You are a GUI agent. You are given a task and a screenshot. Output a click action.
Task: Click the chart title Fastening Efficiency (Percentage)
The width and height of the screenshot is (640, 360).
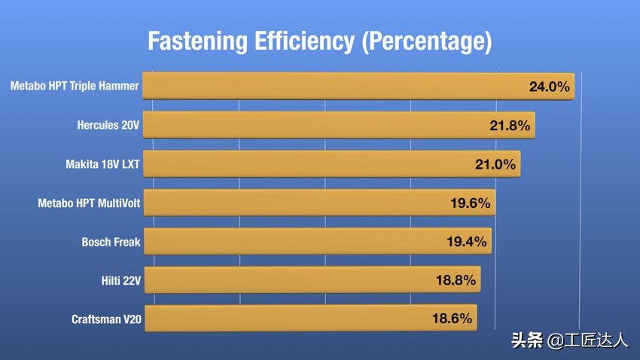click(319, 41)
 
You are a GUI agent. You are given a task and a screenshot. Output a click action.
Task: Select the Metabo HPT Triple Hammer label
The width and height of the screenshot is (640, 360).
click(75, 86)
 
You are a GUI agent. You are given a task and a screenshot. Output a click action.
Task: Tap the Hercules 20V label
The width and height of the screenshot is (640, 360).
click(108, 125)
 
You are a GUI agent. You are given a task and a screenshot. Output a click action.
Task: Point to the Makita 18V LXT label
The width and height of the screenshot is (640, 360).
click(102, 164)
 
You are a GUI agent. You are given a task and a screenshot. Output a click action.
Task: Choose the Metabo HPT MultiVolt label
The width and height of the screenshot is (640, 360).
click(89, 203)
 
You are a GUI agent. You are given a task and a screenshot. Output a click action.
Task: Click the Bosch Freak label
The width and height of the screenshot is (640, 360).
click(111, 243)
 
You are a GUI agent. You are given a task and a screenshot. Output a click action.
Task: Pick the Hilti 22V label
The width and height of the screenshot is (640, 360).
click(120, 281)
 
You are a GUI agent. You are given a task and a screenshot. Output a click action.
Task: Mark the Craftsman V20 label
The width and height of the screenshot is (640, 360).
click(106, 319)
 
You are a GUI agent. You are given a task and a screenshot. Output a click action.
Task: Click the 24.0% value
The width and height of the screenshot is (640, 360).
click(549, 87)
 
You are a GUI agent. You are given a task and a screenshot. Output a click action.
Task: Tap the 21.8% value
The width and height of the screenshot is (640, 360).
click(510, 126)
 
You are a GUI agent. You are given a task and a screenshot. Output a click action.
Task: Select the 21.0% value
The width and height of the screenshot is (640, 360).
click(495, 164)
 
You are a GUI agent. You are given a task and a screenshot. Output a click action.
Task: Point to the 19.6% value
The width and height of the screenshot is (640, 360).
click(469, 203)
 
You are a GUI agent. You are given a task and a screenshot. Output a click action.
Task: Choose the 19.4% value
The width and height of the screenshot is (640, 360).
click(465, 242)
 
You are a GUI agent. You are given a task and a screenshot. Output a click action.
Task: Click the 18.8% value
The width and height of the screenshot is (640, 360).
click(456, 280)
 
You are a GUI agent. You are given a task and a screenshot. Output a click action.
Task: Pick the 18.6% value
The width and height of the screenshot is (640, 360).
click(452, 319)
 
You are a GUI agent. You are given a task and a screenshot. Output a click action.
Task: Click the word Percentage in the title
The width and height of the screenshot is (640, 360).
click(426, 41)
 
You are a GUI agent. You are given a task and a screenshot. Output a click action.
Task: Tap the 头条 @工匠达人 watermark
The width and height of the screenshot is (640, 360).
click(569, 340)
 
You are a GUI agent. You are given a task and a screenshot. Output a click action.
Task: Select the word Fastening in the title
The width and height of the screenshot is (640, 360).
click(197, 41)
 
